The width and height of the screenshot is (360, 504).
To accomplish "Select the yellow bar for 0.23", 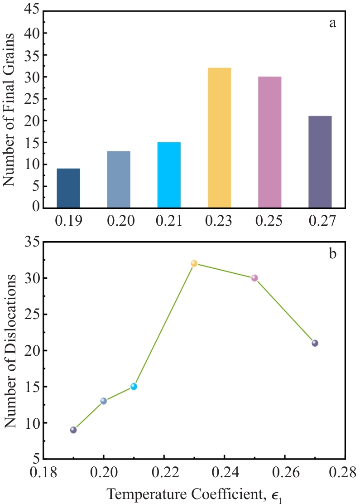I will point(219,138).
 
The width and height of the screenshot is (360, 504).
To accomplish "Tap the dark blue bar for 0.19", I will point(68,188).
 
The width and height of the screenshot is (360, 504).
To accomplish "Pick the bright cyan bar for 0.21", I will point(169,175).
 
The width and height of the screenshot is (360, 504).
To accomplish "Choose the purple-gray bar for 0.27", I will point(320,162).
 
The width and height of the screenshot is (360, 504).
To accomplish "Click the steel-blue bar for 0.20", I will point(119,179).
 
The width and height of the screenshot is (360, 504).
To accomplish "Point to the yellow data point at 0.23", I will point(194,263).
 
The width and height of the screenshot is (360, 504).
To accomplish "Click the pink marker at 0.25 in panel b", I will point(254,278).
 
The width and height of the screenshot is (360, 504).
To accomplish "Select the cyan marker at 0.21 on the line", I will point(134,387).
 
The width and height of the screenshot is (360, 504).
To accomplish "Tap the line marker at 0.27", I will point(315,343).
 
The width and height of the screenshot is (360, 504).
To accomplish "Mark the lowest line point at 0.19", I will point(73,430).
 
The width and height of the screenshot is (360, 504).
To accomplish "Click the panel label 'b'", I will point(332,254).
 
